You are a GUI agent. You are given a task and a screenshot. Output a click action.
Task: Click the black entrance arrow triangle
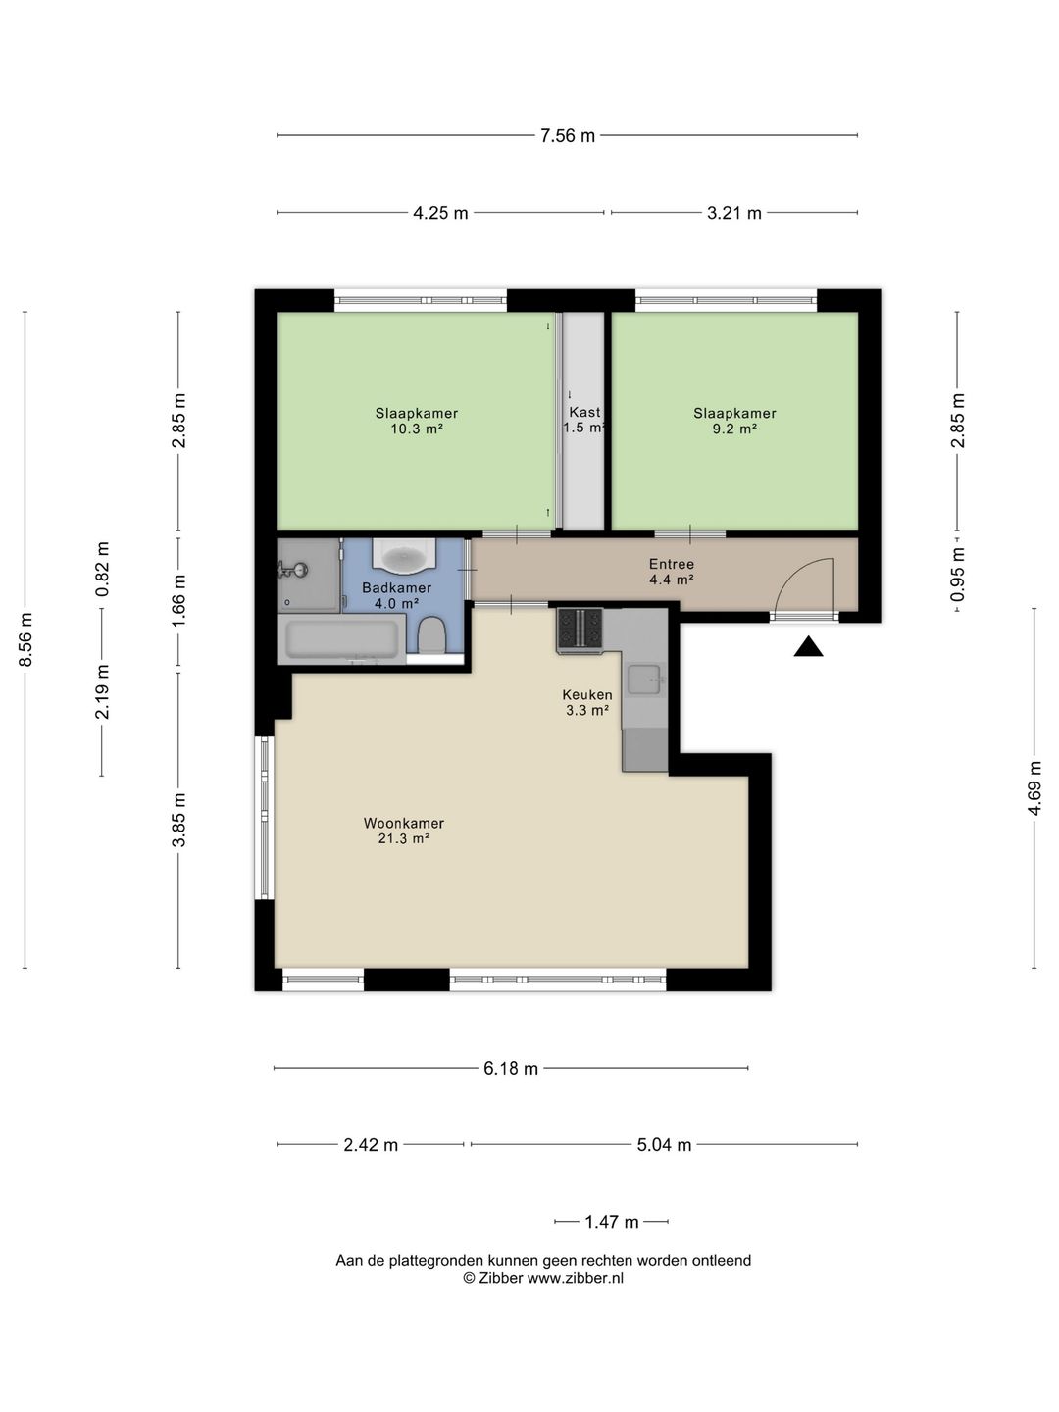(808, 647)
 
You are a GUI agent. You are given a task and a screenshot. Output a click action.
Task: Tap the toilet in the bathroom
(431, 636)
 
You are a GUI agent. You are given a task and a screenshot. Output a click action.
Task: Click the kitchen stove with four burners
(580, 630)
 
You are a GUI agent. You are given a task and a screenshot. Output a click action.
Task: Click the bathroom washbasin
(403, 558)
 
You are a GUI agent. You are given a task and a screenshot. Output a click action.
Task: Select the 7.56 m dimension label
(568, 136)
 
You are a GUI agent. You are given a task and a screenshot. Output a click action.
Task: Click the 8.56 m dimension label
(26, 639)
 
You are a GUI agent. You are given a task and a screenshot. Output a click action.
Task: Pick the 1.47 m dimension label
(611, 1222)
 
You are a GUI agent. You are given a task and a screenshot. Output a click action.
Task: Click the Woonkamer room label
(403, 831)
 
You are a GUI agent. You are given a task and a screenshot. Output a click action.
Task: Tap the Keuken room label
(587, 702)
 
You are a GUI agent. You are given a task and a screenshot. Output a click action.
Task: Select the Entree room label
(672, 572)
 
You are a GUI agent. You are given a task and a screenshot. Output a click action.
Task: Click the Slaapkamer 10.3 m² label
(416, 421)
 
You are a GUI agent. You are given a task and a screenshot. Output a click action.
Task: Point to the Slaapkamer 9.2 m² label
(734, 421)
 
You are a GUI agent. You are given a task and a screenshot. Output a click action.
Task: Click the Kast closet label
(584, 420)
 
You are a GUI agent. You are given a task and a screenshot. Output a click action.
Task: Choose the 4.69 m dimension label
(1034, 787)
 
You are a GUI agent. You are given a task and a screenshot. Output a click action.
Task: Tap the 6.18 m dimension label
(510, 1068)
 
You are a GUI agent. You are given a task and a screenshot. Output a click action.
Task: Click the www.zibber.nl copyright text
(543, 1278)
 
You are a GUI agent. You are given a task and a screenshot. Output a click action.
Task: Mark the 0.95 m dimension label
(958, 573)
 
